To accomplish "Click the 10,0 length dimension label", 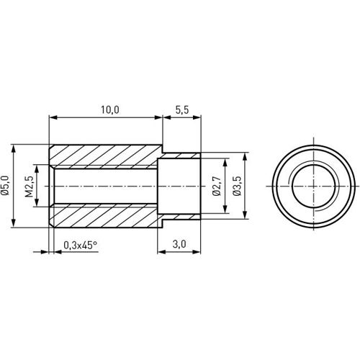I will (109, 109).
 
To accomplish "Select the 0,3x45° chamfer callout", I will (80, 245).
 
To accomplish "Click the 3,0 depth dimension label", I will (179, 245).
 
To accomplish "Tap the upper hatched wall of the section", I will (104, 156).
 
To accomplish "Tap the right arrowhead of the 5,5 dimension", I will (199, 117).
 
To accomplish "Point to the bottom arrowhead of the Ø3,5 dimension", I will (246, 215).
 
